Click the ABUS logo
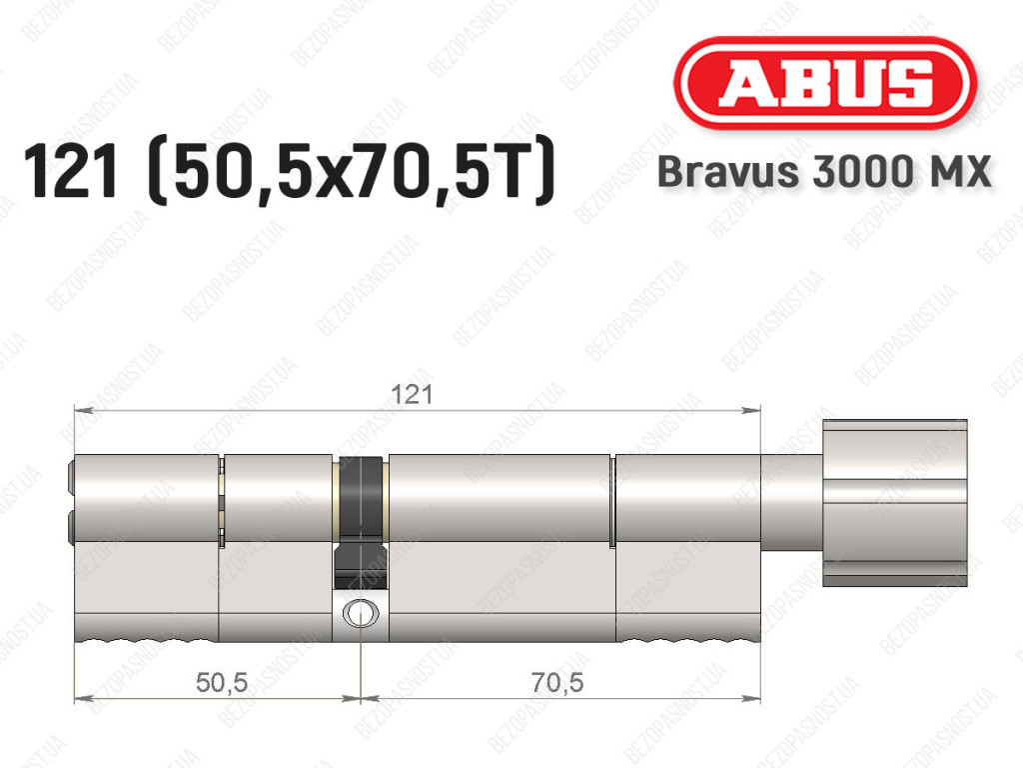[824, 83]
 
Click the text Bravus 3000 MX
[824, 172]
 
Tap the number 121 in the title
[71, 171]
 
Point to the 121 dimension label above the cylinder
[411, 395]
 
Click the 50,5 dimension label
[222, 683]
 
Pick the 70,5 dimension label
[557, 683]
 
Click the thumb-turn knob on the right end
[894, 503]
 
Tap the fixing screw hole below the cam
[360, 613]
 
